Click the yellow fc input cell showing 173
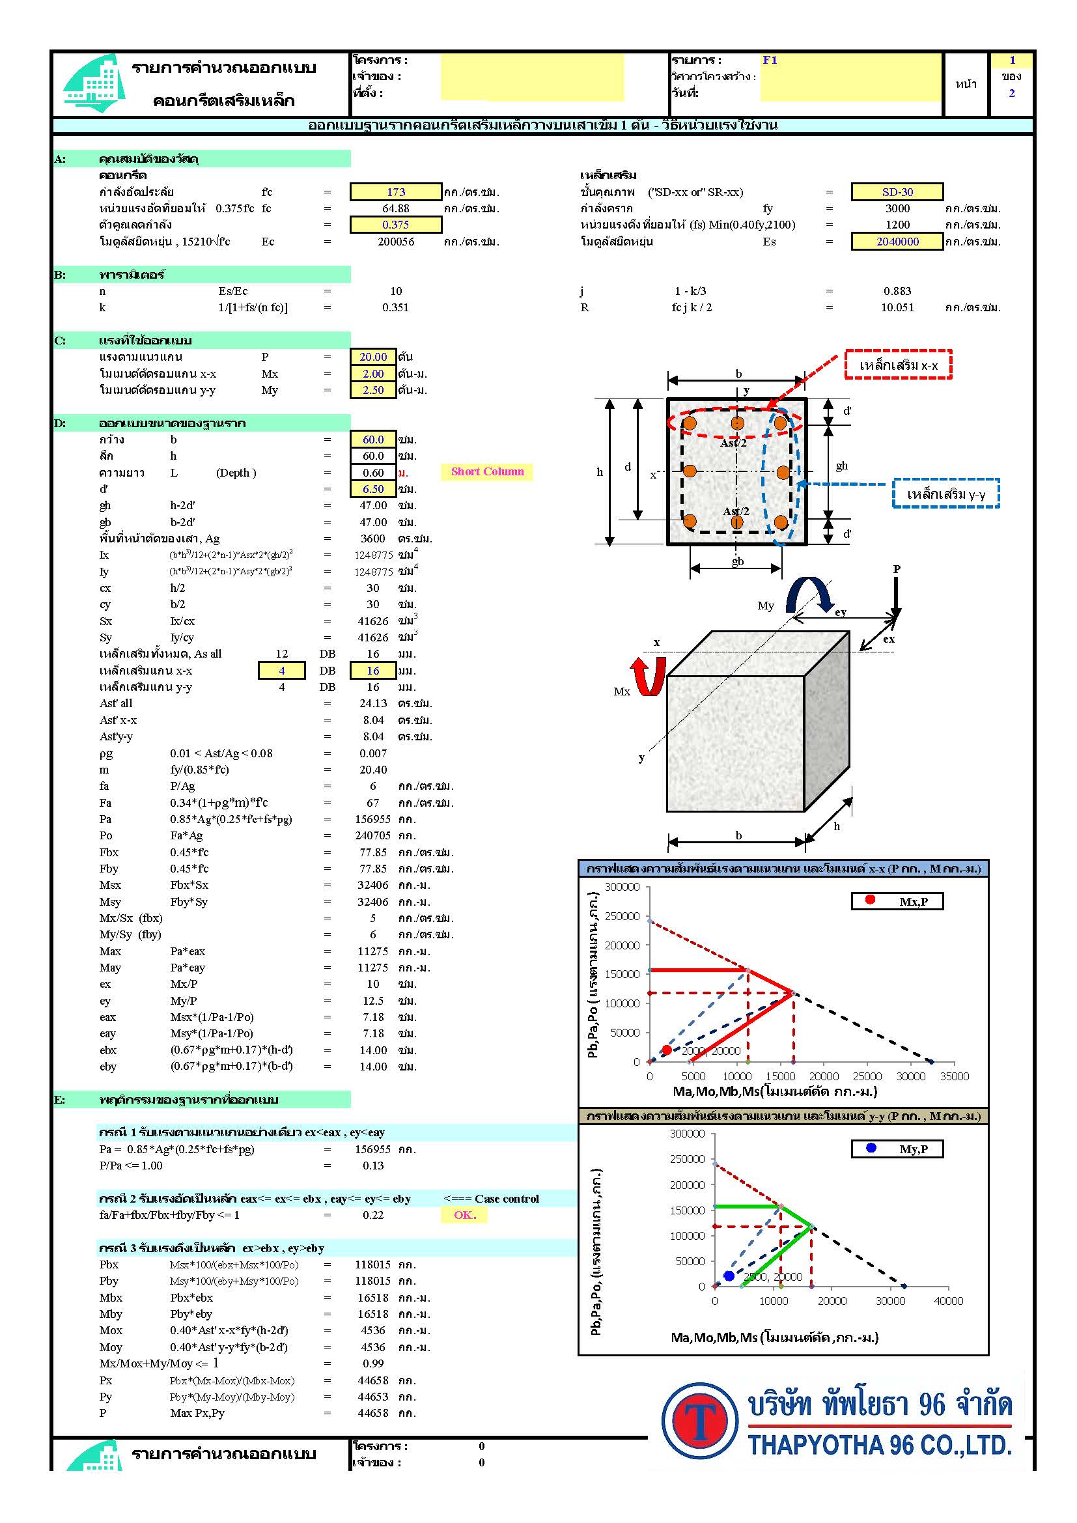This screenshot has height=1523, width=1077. click(x=395, y=191)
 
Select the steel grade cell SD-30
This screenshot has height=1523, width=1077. click(x=897, y=191)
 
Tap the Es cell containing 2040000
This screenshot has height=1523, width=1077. click(x=897, y=242)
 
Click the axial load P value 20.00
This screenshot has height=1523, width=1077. click(x=372, y=357)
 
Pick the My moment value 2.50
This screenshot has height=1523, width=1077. click(x=372, y=390)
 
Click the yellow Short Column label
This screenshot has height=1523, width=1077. click(x=487, y=471)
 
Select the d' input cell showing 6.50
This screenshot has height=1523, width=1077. click(x=372, y=489)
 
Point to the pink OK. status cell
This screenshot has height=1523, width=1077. click(x=464, y=1214)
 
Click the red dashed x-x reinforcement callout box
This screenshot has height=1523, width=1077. click(x=898, y=365)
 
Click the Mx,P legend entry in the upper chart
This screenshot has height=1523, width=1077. click(x=897, y=901)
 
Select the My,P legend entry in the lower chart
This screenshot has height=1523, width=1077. click(x=897, y=1149)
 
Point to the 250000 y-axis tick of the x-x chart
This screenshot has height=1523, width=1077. click(x=622, y=916)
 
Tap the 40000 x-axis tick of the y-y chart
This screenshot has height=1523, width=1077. click(x=948, y=1301)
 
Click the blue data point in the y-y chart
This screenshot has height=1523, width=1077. click(x=729, y=1276)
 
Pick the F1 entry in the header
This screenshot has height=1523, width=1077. click(x=769, y=60)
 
